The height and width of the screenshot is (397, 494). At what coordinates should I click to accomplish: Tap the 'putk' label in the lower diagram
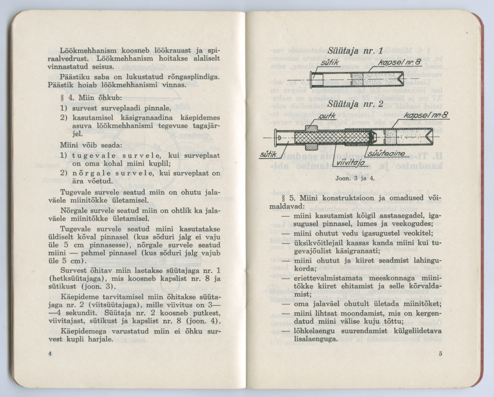click(x=327, y=117)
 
